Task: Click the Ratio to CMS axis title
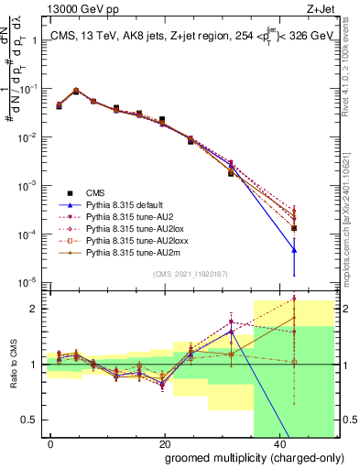click(x=11, y=364)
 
